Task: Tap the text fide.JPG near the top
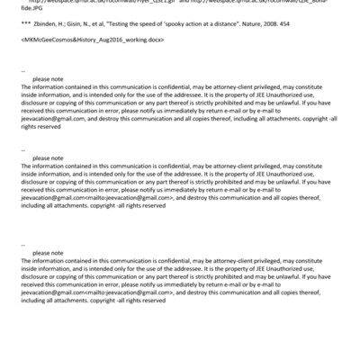pyautogui.click(x=31, y=10)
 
